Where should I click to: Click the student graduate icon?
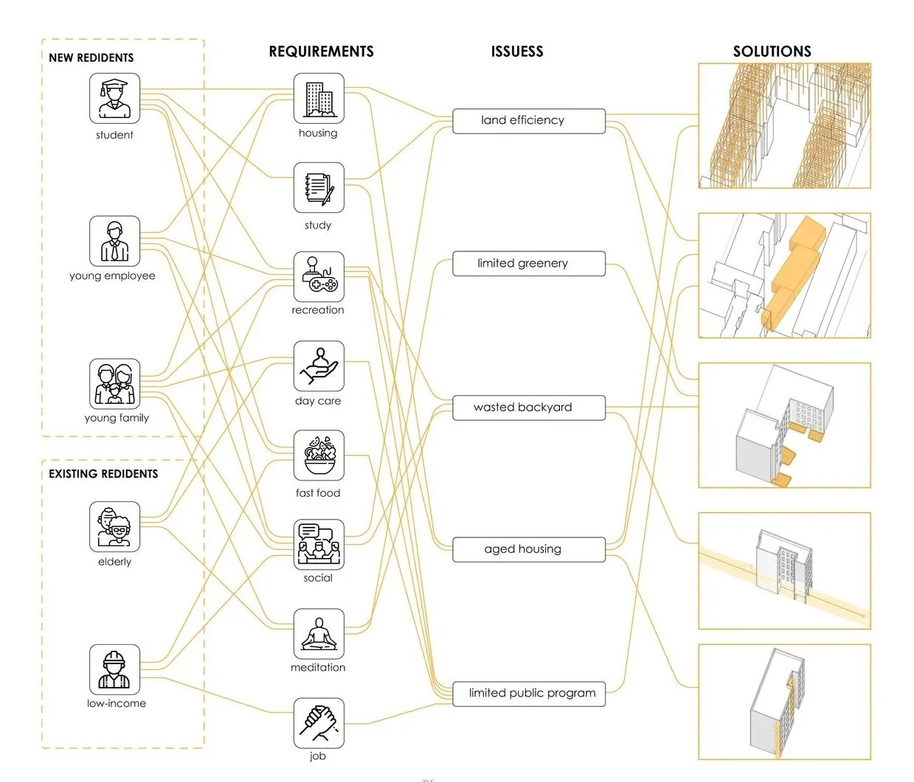[114, 98]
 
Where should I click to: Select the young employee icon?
[114, 241]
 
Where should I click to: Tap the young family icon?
[114, 384]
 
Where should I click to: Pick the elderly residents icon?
[114, 527]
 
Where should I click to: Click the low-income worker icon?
[114, 669]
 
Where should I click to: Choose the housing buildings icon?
[319, 98]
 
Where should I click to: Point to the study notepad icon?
[319, 188]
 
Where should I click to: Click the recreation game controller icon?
[319, 276]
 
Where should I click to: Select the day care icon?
[319, 366]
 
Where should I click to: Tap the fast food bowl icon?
[319, 455]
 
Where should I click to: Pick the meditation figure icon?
[319, 633]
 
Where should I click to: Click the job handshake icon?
[319, 723]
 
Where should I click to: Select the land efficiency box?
[528, 121]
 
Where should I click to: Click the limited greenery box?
[528, 264]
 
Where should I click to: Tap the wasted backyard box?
[528, 408]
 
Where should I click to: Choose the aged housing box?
[528, 550]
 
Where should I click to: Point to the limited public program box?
[528, 694]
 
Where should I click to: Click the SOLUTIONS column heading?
[772, 52]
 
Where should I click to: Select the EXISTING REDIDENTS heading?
[103, 474]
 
